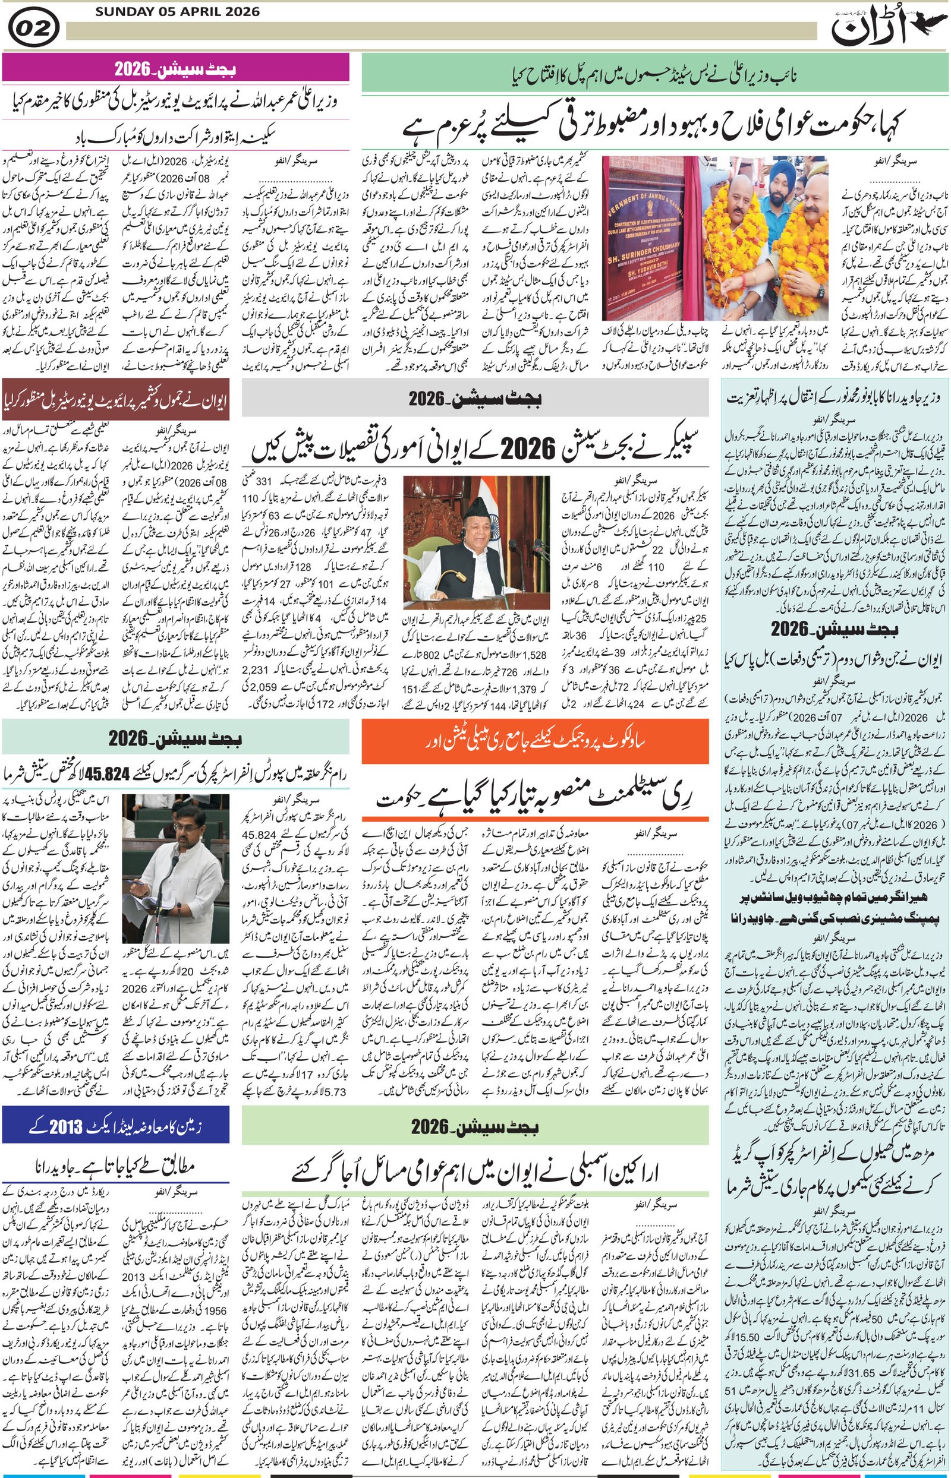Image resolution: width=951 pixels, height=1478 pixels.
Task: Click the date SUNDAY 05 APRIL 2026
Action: tap(178, 12)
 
